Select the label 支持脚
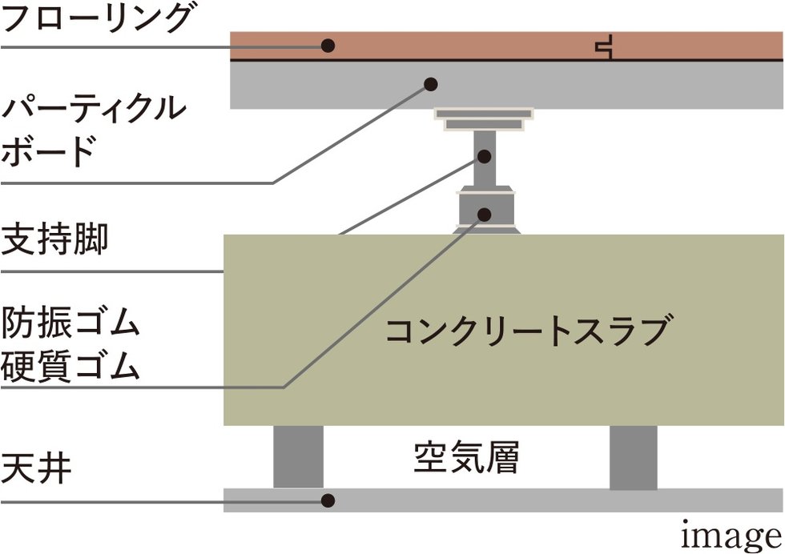pyautogui.click(x=54, y=239)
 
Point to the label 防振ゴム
pyautogui.click(x=71, y=323)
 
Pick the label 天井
pyautogui.click(x=37, y=469)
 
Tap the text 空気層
pyautogui.click(x=466, y=458)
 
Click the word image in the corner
pyautogui.click(x=730, y=535)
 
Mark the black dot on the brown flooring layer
pyautogui.click(x=328, y=46)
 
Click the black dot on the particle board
pyautogui.click(x=431, y=83)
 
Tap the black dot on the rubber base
pyautogui.click(x=484, y=213)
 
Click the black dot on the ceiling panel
pyautogui.click(x=327, y=500)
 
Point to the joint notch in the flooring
pyautogui.click(x=605, y=46)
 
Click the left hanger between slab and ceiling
pyautogui.click(x=298, y=456)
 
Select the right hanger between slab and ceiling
pyautogui.click(x=633, y=456)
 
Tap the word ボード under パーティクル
pyautogui.click(x=49, y=151)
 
